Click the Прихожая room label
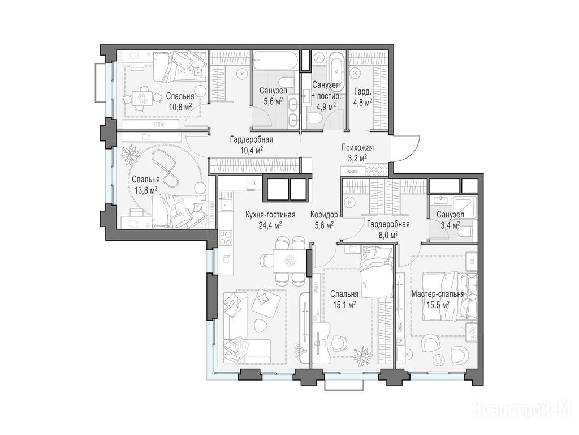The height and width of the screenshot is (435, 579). pos(357,148)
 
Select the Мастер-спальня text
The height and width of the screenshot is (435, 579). pos(438,294)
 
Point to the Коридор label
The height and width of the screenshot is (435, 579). pos(324,215)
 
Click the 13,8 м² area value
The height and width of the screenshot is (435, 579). pos(146,189)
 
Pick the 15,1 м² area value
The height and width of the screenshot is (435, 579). pos(344,304)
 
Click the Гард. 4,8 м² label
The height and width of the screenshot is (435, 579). pos(362,97)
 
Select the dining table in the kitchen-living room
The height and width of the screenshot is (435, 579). pos(290,261)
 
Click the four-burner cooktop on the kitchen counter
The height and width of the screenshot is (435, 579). pos(226,237)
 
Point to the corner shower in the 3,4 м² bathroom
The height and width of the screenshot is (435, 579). pos(466,208)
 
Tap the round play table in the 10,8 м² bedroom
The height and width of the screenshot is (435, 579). pos(141,98)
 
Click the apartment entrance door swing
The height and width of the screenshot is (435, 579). pos(405,148)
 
